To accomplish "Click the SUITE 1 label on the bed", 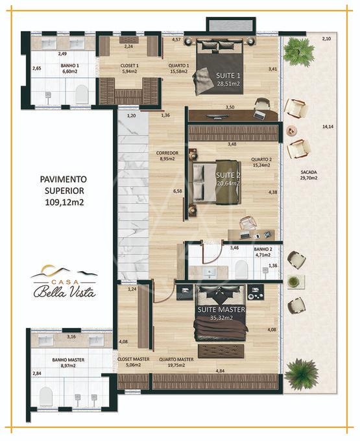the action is [228, 75].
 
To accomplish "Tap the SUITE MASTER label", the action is [221, 309].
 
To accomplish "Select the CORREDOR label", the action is [167, 153].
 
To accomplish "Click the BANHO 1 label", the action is [70, 66].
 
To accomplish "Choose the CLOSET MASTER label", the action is [134, 359].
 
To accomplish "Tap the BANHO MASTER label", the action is [68, 360].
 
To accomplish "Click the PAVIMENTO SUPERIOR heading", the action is [64, 185].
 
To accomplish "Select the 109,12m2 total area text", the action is [64, 202].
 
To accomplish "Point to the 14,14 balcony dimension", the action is [328, 127].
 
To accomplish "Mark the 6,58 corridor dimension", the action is [178, 191].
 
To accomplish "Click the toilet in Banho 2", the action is [241, 268].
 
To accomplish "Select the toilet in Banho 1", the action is [82, 94].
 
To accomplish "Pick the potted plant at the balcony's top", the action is [298, 53].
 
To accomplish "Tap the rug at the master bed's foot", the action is [221, 351].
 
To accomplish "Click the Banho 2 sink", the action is [210, 272].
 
